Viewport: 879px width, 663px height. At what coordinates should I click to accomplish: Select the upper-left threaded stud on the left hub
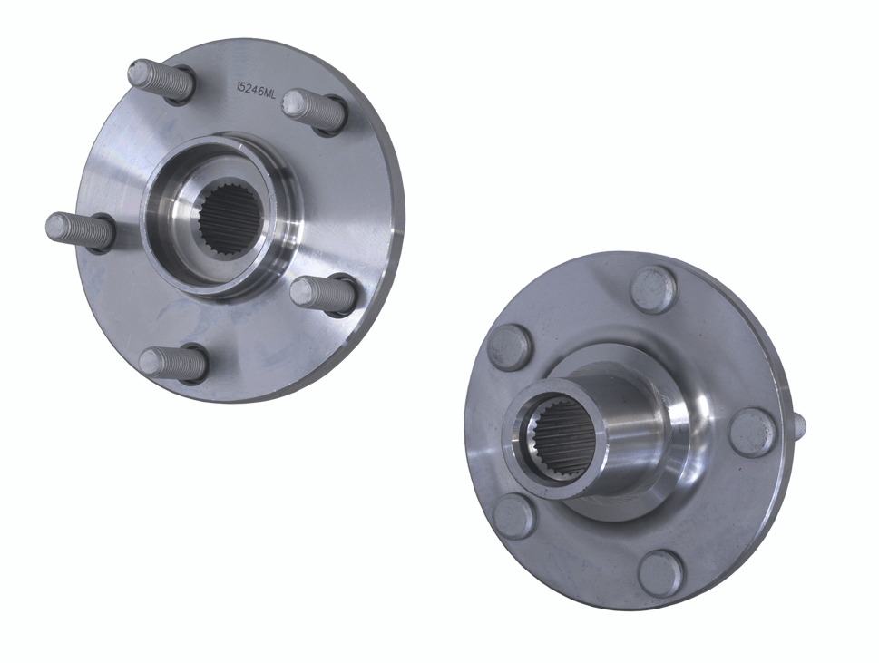(x=161, y=82)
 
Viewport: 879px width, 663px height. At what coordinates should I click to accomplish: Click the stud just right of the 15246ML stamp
(x=313, y=111)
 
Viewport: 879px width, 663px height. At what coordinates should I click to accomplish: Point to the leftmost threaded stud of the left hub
(x=79, y=231)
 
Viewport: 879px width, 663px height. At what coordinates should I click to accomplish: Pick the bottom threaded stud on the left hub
(x=173, y=363)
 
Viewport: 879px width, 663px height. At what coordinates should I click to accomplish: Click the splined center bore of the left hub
(x=230, y=215)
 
